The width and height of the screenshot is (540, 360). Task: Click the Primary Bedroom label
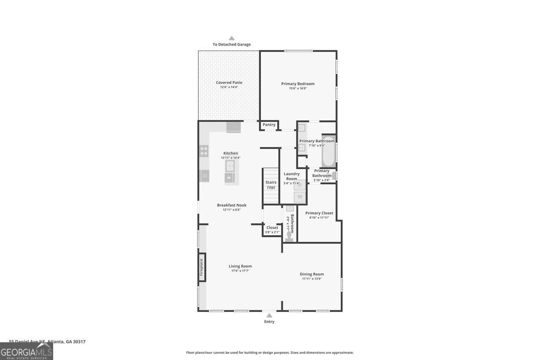click(298, 84)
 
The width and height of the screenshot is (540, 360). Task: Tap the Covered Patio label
click(229, 83)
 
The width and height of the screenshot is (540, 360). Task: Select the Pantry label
click(269, 125)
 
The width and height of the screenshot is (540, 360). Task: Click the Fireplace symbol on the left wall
click(202, 267)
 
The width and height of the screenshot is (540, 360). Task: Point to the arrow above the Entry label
click(269, 315)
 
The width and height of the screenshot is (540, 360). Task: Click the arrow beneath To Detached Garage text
click(232, 38)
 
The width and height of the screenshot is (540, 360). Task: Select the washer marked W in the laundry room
click(300, 197)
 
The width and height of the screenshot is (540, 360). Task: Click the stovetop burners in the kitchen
click(204, 151)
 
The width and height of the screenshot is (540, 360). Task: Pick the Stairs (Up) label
click(271, 185)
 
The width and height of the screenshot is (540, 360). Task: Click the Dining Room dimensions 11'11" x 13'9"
click(312, 279)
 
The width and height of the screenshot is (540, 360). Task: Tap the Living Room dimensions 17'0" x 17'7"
click(240, 271)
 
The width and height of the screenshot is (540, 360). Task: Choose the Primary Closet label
click(319, 213)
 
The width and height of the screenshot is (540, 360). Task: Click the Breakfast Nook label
click(232, 205)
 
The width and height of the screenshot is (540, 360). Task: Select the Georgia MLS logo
click(27, 351)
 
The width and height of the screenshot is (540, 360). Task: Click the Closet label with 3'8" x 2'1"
click(272, 227)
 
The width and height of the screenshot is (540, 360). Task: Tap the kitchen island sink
click(230, 166)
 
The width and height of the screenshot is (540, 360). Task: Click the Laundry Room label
click(292, 176)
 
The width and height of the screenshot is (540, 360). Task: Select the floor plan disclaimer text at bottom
click(270, 352)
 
